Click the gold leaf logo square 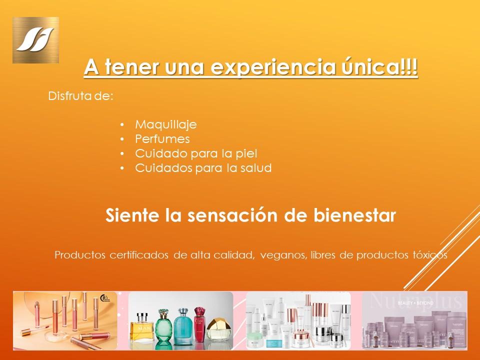[x=35, y=40]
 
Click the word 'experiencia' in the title [x=273, y=67]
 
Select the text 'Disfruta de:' [x=81, y=96]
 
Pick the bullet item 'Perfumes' [x=162, y=139]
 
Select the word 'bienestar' [x=354, y=215]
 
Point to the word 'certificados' [x=139, y=255]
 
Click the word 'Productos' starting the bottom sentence [x=80, y=255]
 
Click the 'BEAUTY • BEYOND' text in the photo [x=415, y=303]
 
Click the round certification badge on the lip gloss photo [x=104, y=298]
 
